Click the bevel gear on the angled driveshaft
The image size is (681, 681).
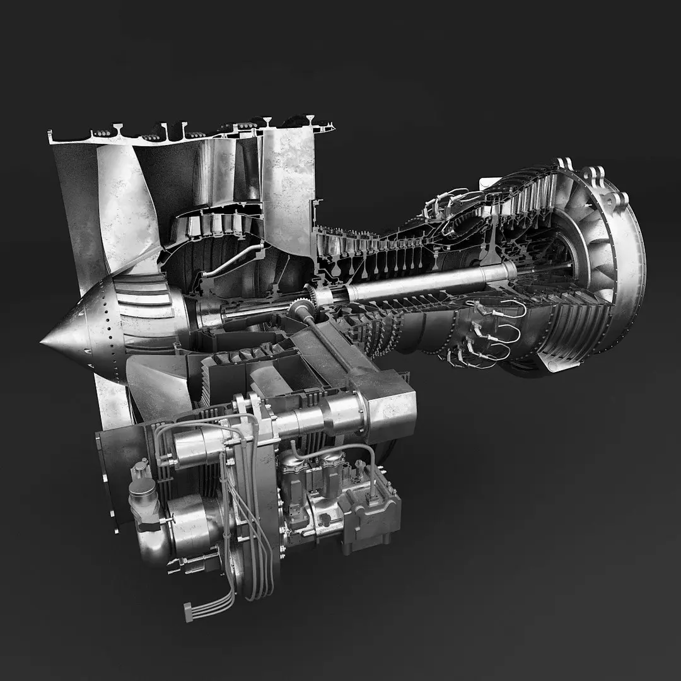tap(301, 311)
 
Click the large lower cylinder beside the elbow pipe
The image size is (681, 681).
tap(189, 520)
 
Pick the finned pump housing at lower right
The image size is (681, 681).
tap(372, 511)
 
